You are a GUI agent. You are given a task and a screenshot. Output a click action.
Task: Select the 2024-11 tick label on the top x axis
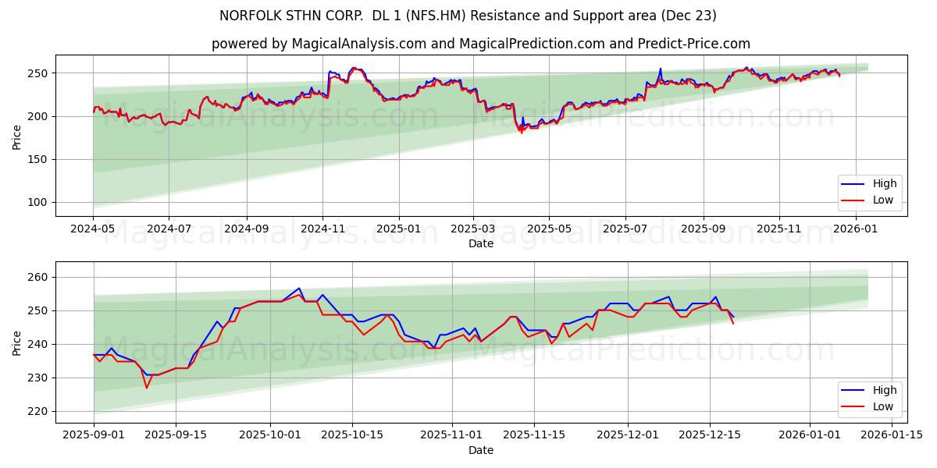click(x=322, y=229)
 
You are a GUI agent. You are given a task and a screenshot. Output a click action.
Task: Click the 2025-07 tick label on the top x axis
click(x=625, y=229)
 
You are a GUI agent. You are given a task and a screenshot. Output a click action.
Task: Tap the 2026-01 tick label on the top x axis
click(x=856, y=229)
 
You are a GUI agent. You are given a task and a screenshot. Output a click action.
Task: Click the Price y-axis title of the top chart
click(x=17, y=136)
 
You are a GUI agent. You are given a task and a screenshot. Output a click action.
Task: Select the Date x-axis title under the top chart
click(x=480, y=243)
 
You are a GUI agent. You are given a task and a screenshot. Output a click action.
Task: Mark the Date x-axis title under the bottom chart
click(x=480, y=450)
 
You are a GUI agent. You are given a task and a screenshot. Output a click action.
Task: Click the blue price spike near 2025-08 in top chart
click(x=660, y=69)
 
